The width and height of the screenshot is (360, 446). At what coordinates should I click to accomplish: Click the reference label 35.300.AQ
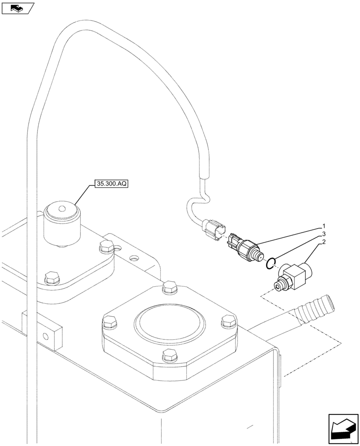pos(111,184)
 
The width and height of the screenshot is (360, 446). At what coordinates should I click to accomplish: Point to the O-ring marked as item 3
pos(270,264)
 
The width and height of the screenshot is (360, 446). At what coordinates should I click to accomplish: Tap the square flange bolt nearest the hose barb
pos(227,320)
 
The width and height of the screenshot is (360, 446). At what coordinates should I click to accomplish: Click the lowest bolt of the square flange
pos(169,355)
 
